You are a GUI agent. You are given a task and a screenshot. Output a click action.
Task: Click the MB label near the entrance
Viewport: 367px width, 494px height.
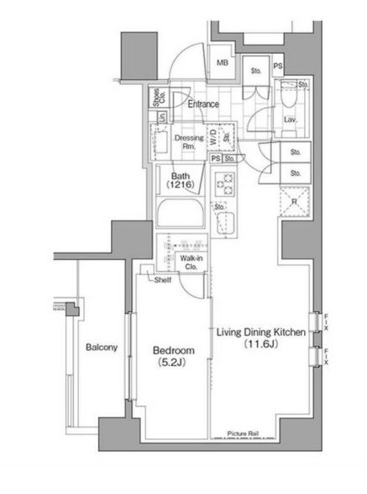223,63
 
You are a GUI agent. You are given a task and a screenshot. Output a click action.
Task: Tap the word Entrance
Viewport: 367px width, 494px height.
203,104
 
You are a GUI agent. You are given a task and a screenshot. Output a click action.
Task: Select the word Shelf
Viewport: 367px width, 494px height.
163,279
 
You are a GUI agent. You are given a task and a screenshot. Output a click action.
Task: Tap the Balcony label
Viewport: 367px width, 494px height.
101,347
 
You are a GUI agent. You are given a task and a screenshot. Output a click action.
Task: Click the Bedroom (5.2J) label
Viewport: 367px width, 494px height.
174,357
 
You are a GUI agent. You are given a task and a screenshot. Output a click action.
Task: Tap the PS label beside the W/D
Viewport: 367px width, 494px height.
216,157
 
